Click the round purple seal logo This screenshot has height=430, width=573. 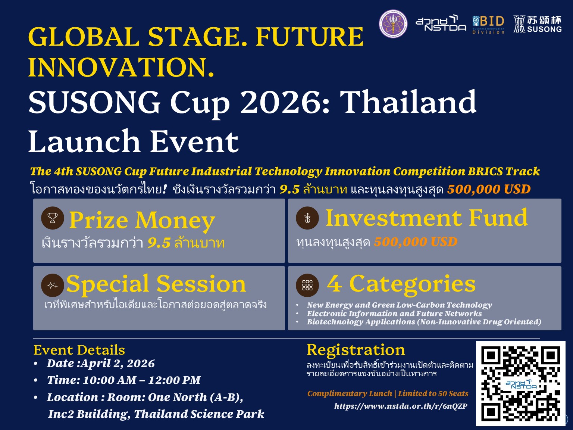(393, 24)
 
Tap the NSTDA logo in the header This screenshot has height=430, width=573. (441, 24)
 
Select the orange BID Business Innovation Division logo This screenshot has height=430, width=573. (488, 25)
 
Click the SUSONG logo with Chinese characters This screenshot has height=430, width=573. (537, 24)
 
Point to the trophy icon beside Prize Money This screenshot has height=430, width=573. (53, 218)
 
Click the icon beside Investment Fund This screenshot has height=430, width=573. (307, 218)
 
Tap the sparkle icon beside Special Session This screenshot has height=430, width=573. (53, 285)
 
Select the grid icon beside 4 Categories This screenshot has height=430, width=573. (307, 285)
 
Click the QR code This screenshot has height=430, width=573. (520, 383)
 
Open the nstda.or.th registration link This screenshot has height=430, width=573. (400, 406)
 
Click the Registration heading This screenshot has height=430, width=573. (356, 350)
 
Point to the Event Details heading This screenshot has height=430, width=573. (79, 350)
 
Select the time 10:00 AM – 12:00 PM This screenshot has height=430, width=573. (141, 380)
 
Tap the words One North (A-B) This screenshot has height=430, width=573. (195, 397)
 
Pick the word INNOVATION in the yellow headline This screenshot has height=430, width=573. (121, 67)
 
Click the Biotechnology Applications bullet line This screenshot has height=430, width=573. (424, 322)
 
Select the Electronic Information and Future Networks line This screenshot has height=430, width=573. (394, 314)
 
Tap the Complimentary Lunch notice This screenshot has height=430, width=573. (388, 393)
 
